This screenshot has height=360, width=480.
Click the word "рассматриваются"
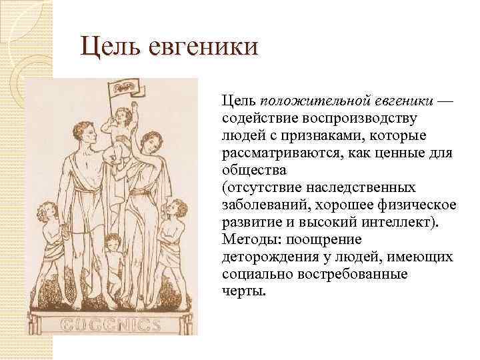tap(283, 153)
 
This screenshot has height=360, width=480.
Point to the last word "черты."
tap(243, 291)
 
